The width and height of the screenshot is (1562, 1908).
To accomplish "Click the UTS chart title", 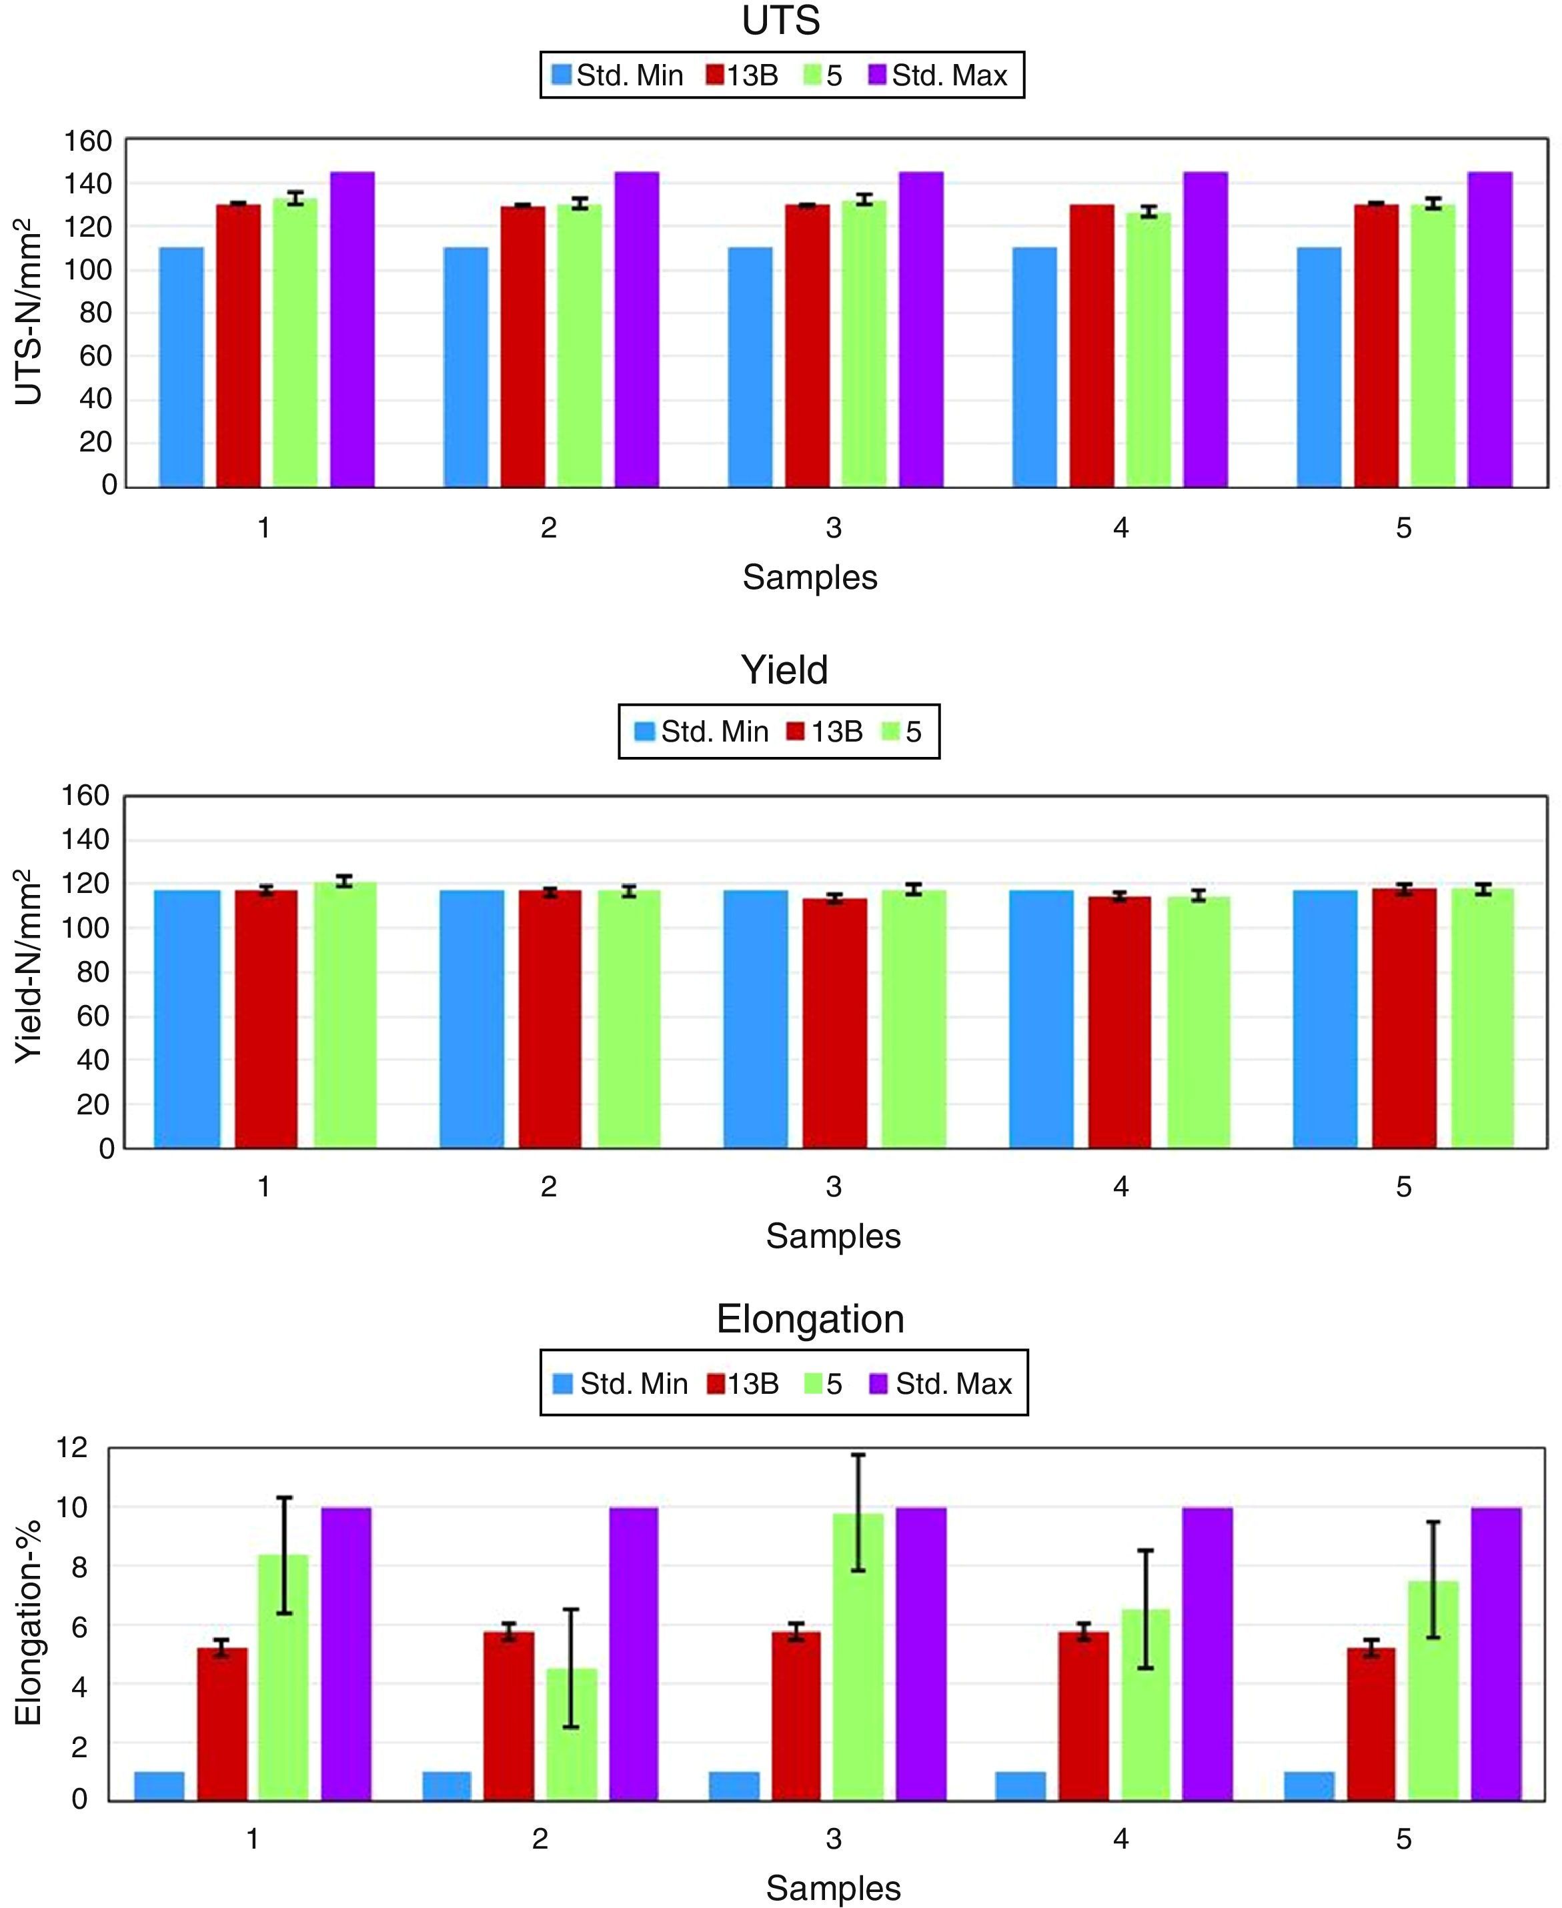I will (x=781, y=21).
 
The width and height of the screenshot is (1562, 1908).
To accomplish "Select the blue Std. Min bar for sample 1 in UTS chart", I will (x=182, y=367).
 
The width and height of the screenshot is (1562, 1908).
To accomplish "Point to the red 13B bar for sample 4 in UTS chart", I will (x=1091, y=346).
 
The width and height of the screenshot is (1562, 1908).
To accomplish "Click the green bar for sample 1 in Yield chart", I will (x=345, y=1015).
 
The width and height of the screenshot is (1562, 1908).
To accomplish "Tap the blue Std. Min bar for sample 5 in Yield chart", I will (x=1325, y=1019).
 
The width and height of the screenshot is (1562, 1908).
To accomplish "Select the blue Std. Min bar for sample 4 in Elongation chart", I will (x=1020, y=1786).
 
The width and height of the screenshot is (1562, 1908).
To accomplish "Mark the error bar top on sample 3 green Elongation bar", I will (x=858, y=1455).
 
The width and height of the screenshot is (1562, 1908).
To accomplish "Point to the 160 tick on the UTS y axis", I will (x=87, y=141).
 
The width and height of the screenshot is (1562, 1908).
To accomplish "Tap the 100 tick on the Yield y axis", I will (x=85, y=928).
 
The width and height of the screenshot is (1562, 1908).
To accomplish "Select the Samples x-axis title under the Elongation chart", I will (x=833, y=1887).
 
